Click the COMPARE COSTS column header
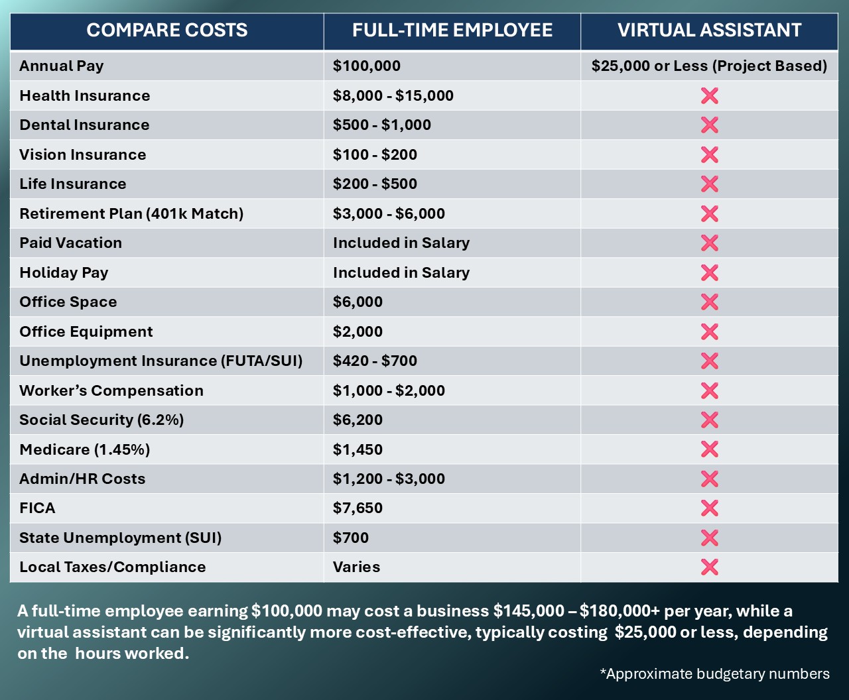(x=167, y=30)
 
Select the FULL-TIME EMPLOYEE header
(x=452, y=30)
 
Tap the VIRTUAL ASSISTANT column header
(x=709, y=30)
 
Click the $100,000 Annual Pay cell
(x=367, y=66)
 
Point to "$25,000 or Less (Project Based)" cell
(x=709, y=66)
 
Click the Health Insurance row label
(x=85, y=95)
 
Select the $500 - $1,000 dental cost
(x=382, y=125)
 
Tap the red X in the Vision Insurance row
(x=709, y=154)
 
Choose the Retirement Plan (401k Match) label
(x=131, y=213)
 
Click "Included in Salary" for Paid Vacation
(x=401, y=243)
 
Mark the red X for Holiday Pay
(x=709, y=272)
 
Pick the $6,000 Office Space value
(x=358, y=302)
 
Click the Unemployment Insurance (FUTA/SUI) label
(x=161, y=361)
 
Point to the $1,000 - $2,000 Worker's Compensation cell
(x=389, y=390)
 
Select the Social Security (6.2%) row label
(x=101, y=420)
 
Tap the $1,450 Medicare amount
(x=358, y=449)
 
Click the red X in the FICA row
(x=709, y=508)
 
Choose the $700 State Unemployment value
(x=351, y=538)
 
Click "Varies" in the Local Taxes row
(x=357, y=567)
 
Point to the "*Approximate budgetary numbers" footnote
(x=714, y=674)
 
